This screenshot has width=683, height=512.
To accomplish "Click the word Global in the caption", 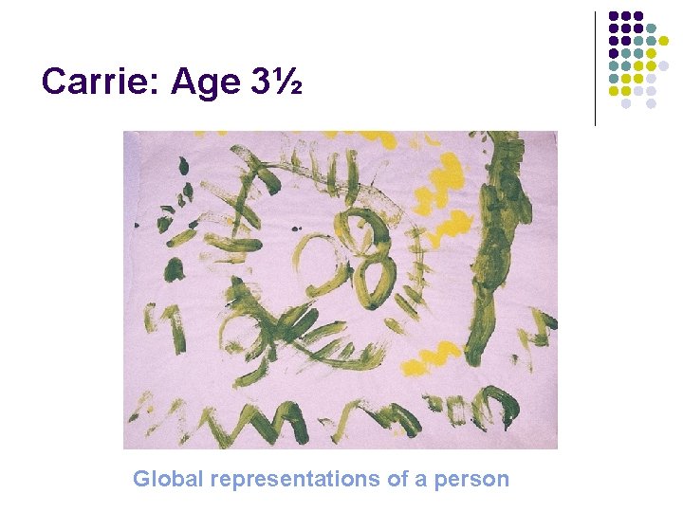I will [167, 479].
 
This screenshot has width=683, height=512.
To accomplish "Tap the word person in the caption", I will [471, 479].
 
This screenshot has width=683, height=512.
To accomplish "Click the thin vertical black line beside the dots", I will [596, 68].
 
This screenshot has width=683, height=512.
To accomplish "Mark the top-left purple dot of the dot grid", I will [614, 17].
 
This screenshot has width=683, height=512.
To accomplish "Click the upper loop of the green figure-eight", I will [363, 228].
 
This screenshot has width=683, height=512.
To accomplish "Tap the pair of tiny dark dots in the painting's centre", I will [304, 228].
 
